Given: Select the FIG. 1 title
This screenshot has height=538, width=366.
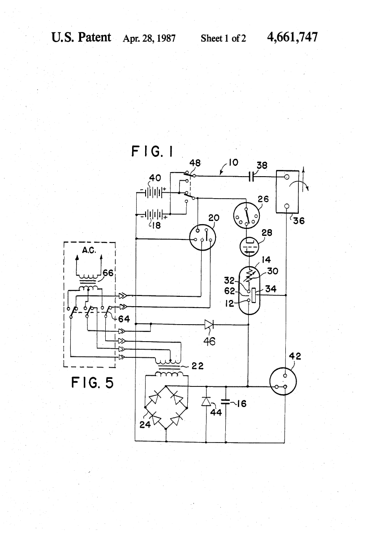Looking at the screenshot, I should tap(152, 153).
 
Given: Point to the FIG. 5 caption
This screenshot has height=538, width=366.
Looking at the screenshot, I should tap(92, 383).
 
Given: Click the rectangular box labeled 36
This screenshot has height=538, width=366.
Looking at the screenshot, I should tap(287, 192).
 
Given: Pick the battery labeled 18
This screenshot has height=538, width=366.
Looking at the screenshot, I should tap(152, 215).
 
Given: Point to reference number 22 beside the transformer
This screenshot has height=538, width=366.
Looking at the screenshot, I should tap(198, 365).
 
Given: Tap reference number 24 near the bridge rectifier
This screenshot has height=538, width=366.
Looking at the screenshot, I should tap(144, 425).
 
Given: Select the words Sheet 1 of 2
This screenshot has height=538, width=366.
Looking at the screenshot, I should tap(224, 39).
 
